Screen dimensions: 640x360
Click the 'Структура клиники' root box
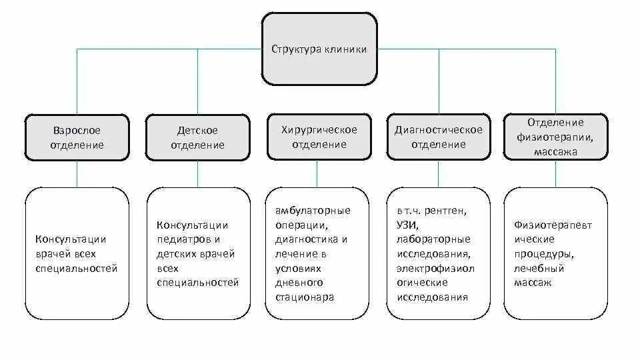pyautogui.click(x=319, y=49)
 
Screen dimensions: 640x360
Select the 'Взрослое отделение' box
pyautogui.click(x=77, y=137)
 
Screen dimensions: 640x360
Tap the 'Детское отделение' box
pyautogui.click(x=197, y=137)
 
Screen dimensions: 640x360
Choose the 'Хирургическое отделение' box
pyautogui.click(x=319, y=136)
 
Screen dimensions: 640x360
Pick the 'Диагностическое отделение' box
pyautogui.click(x=438, y=136)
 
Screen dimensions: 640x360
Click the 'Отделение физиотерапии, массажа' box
pyautogui.click(x=555, y=137)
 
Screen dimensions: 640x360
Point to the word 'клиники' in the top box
pyautogui.click(x=345, y=49)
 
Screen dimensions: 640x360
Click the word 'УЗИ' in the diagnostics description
pyautogui.click(x=406, y=225)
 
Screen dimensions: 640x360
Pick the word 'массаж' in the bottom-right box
pyautogui.click(x=532, y=283)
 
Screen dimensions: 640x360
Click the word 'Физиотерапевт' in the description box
pyautogui.click(x=553, y=225)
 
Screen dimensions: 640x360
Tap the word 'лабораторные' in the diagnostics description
pyautogui.click(x=433, y=239)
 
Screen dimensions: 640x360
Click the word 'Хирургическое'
pyautogui.click(x=319, y=129)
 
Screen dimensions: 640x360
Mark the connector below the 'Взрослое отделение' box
pyautogui.click(x=77, y=174)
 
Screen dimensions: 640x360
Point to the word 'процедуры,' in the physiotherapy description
pyautogui.click(x=543, y=254)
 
